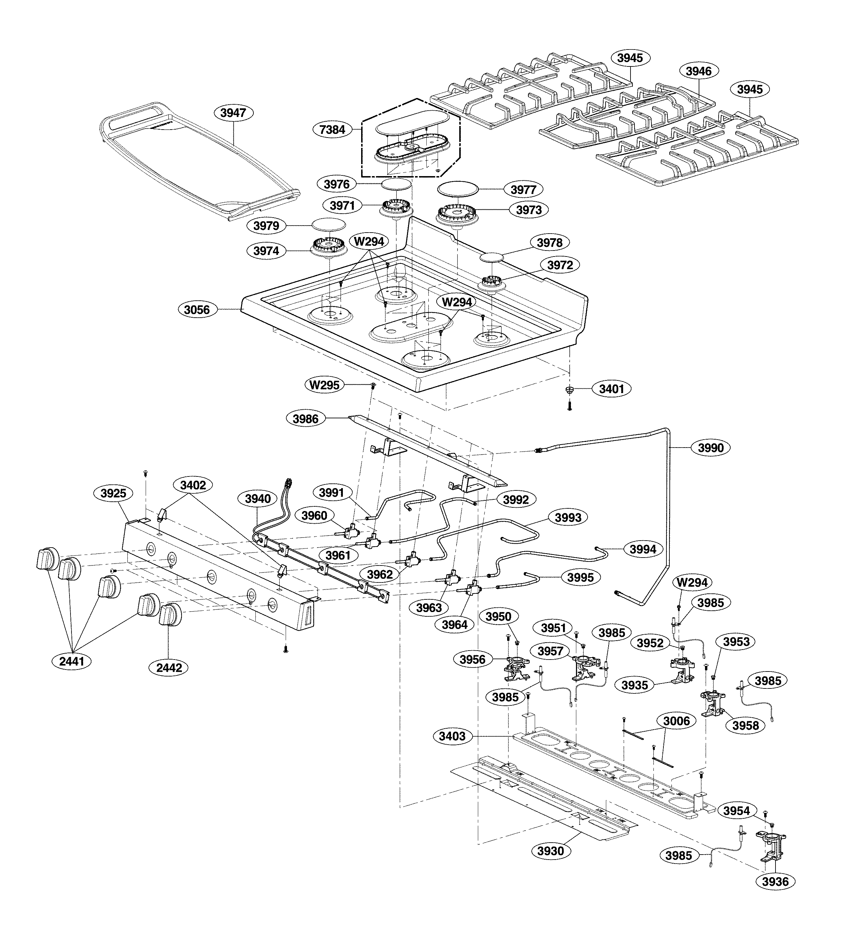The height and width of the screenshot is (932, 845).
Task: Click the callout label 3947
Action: point(233,113)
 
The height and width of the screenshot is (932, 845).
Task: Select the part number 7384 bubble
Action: point(332,130)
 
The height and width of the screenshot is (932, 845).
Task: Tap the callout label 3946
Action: point(698,71)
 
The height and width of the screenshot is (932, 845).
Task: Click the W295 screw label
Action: point(324,385)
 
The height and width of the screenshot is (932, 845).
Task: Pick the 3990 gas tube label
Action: point(711,448)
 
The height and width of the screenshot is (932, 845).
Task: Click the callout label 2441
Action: point(72,661)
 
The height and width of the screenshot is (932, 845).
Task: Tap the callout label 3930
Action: point(551,851)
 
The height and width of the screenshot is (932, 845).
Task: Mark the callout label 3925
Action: point(113,493)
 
